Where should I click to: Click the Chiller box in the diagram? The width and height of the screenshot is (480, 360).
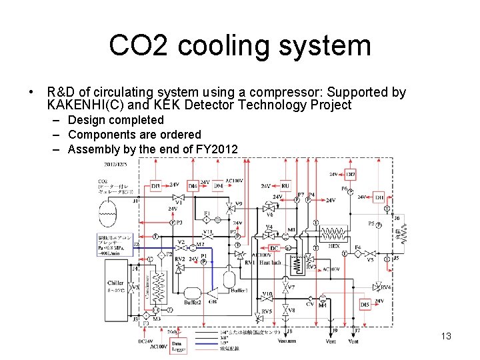(115, 287)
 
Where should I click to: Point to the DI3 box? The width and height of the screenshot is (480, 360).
(155, 185)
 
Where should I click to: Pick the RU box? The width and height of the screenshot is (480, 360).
(285, 185)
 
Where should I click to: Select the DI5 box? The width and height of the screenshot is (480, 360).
(365, 304)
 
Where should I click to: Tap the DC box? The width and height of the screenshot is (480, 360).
(275, 248)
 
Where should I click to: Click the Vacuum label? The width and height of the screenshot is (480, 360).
(287, 341)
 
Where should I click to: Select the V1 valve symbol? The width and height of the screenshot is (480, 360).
(178, 197)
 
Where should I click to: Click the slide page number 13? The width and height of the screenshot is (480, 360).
(446, 336)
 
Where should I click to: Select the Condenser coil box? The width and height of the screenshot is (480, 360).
(158, 287)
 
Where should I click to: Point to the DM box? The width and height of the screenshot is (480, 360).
(217, 186)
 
